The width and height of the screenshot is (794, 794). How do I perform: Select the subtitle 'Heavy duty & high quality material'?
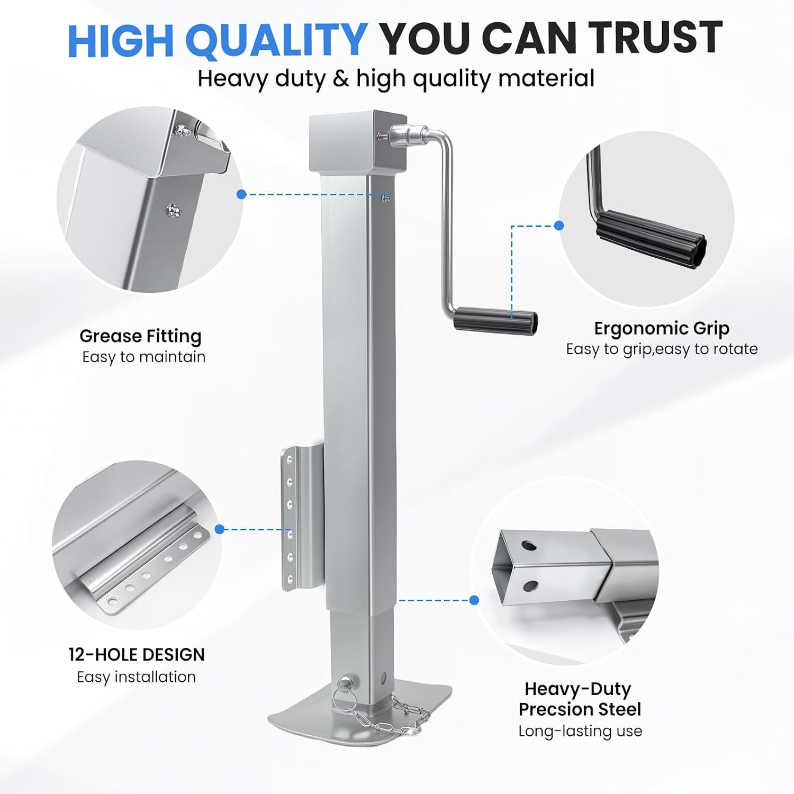396,78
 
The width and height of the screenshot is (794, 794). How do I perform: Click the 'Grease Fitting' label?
140,336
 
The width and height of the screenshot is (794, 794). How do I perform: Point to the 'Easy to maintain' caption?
143,357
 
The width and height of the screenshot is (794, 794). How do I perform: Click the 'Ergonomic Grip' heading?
661,329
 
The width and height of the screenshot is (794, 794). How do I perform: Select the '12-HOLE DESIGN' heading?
137,655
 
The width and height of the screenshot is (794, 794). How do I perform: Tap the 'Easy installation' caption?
136,677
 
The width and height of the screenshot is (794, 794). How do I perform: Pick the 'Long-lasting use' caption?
580,731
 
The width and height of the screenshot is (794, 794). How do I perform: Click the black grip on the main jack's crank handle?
495,321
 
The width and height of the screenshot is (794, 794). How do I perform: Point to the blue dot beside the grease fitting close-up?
241,194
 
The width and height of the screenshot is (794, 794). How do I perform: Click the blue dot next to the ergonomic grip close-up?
558,225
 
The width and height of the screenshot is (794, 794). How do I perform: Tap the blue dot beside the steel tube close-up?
474,600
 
